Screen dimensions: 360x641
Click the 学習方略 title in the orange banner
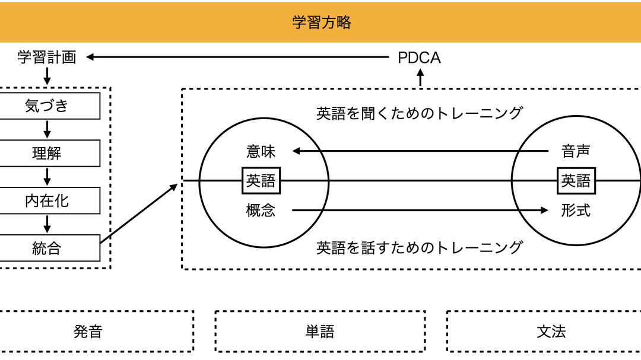tap(321, 23)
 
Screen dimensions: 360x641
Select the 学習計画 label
tap(47, 58)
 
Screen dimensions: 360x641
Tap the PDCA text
tap(419, 58)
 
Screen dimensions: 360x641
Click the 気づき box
tap(47, 106)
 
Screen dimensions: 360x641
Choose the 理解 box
tap(47, 154)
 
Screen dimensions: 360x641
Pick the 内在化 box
tap(47, 201)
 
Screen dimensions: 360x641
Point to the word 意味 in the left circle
tap(261, 151)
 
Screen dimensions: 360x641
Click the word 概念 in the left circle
tap(261, 210)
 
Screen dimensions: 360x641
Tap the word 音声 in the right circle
tap(576, 151)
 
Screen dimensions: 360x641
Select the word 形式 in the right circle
tap(576, 210)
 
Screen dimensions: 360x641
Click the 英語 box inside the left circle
tap(261, 180)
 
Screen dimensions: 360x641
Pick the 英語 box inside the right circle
tap(576, 180)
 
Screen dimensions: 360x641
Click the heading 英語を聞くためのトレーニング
tap(419, 113)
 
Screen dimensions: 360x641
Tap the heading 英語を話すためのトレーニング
tap(419, 247)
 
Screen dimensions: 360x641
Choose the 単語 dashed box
tap(320, 332)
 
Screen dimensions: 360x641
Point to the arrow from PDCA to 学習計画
tap(237, 58)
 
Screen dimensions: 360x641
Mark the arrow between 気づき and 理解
tap(47, 129)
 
